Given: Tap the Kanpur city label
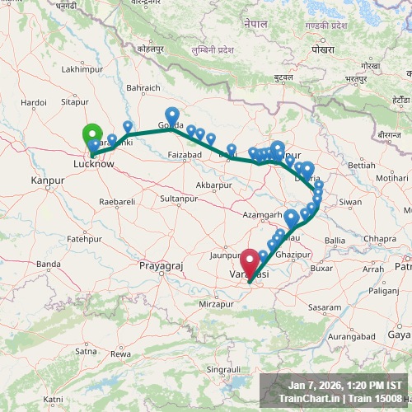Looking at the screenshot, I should [47, 180].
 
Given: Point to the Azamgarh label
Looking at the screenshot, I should [263, 214].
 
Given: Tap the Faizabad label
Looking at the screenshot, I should [184, 155].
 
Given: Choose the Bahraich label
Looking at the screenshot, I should [143, 87].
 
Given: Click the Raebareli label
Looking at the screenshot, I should [116, 202].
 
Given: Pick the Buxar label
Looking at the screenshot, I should [321, 268].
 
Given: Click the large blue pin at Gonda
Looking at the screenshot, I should [171, 115].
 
